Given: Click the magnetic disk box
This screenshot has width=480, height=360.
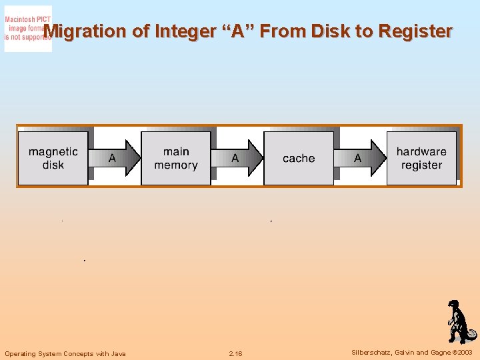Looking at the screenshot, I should point(53,158).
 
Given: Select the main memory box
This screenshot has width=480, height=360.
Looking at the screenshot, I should point(176,158).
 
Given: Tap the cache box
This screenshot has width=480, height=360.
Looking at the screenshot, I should point(299,158).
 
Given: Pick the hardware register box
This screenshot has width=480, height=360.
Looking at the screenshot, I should point(421,158).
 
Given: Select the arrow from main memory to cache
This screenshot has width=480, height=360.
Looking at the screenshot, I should point(238,158).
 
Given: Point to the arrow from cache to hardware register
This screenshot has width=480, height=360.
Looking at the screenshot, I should point(361,158).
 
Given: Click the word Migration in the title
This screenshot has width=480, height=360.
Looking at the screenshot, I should point(85,31).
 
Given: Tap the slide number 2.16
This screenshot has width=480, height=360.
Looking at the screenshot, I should point(235,353).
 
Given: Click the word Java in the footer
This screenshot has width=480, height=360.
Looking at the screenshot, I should point(117,353).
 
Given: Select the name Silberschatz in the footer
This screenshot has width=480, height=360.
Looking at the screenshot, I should point(371,353).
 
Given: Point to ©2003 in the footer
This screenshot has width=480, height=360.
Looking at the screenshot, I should point(461,353).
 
